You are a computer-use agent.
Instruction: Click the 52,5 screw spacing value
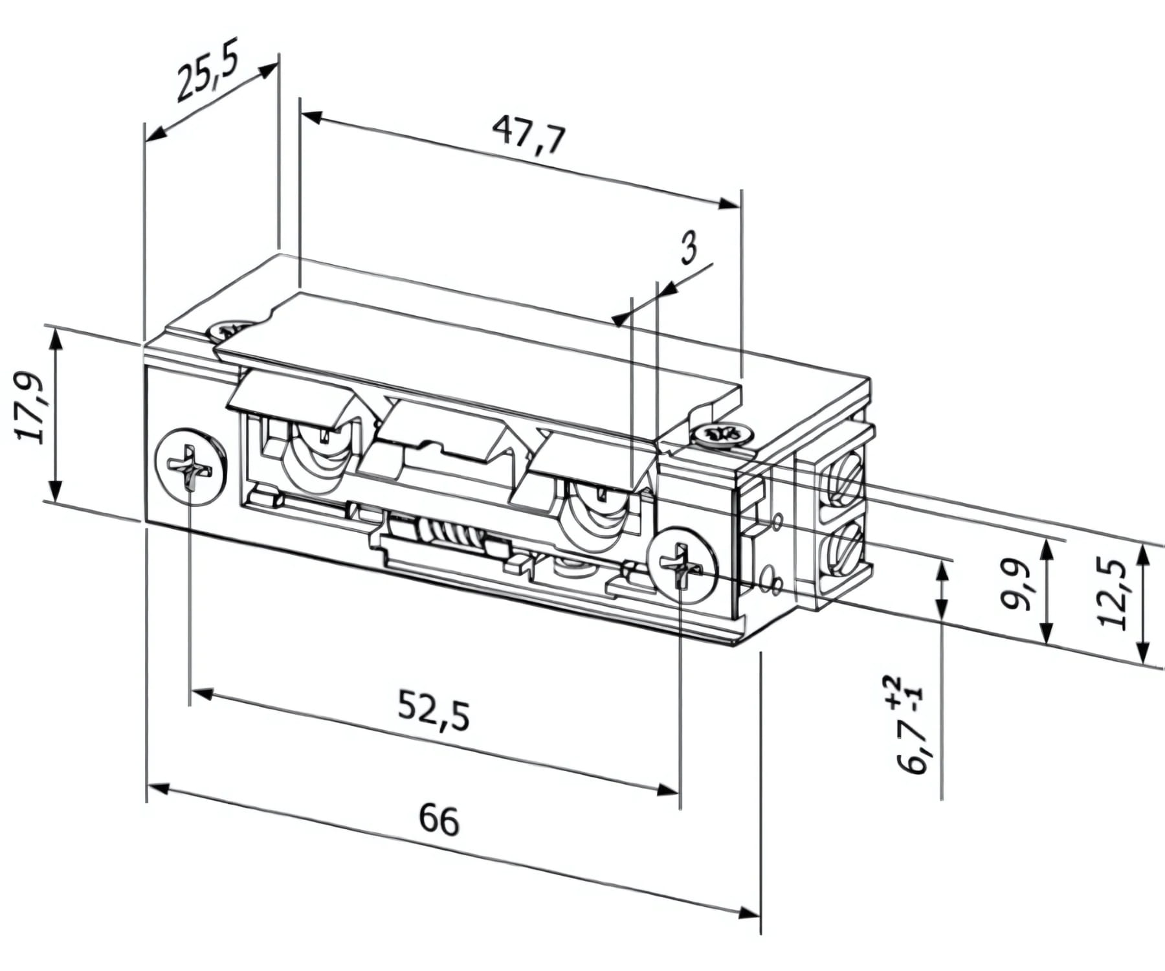[432, 711]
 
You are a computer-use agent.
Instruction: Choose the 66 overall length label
[439, 820]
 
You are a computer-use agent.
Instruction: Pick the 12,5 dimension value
[1113, 594]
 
